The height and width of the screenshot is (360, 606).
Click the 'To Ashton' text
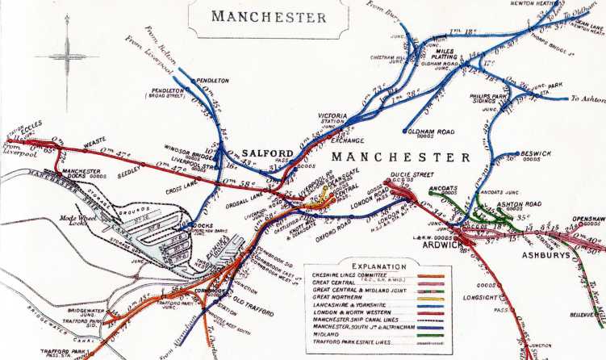point(585,98)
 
